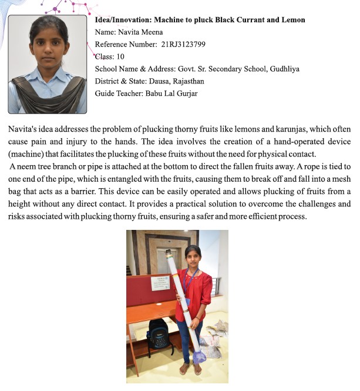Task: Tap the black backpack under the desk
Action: coord(159,333)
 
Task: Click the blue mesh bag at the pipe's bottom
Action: coord(200,355)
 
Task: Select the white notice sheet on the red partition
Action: coord(160,283)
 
